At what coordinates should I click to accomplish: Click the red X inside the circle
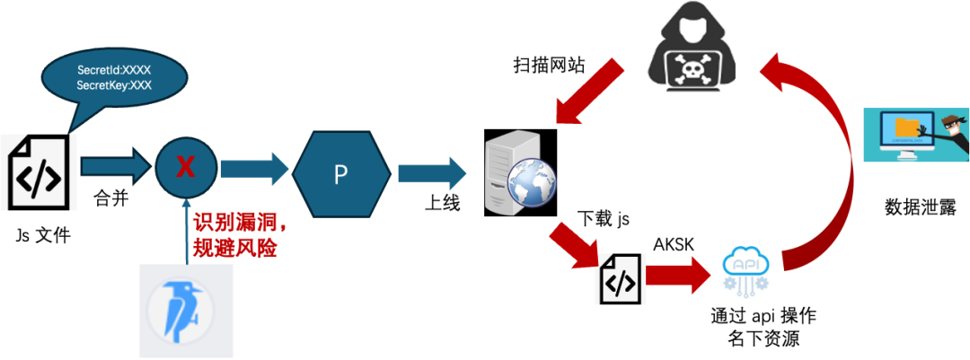click(186, 167)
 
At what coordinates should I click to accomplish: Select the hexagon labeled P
click(341, 173)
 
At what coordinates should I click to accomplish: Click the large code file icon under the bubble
click(40, 172)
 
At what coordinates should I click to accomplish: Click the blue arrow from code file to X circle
click(114, 166)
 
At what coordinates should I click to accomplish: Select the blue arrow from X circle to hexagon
click(254, 168)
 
